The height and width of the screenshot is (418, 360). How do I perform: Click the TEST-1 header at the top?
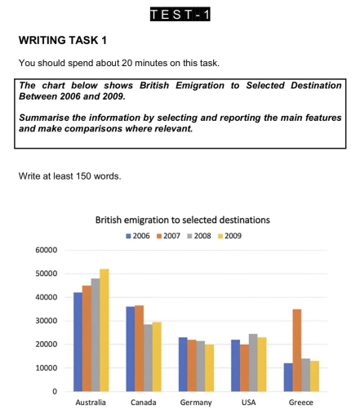[180, 14]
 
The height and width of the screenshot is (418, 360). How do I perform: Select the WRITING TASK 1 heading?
[63, 40]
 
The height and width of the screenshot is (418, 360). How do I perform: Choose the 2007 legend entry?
[167, 236]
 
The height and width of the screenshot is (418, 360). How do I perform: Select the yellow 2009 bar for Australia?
[104, 330]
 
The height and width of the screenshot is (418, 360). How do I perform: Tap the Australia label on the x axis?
[91, 402]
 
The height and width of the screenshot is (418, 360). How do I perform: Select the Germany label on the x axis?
[196, 402]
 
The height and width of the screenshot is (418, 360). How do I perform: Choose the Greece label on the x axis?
[300, 402]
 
